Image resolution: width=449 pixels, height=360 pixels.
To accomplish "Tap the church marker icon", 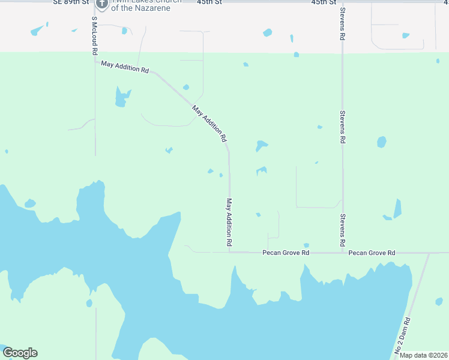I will (102, 4).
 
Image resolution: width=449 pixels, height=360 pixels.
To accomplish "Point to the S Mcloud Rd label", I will (94, 36).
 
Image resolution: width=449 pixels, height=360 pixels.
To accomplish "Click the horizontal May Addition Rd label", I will (125, 67).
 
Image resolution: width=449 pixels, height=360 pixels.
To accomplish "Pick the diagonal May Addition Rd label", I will (209, 124).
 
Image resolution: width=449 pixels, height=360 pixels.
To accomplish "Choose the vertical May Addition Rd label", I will (229, 223).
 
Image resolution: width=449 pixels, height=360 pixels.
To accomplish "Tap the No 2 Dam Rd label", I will (402, 335).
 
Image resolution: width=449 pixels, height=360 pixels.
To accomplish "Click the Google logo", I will (20, 353).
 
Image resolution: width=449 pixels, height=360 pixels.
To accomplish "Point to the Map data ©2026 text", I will (423, 355).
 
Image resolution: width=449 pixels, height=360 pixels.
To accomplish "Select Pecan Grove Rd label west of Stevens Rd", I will (286, 253).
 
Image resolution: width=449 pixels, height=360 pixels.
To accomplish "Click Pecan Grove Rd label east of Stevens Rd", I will (372, 253).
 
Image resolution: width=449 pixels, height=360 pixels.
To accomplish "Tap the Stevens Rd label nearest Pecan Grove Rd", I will (342, 230).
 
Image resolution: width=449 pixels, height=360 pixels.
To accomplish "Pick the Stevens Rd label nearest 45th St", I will (342, 24).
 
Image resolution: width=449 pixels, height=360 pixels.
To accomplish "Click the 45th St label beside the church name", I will (208, 2).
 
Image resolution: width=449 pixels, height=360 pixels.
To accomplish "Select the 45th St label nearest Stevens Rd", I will (324, 2).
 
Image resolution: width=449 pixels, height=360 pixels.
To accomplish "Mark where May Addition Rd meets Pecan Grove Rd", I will (229, 253).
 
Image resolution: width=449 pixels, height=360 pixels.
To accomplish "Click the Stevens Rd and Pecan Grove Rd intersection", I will (343, 253).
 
